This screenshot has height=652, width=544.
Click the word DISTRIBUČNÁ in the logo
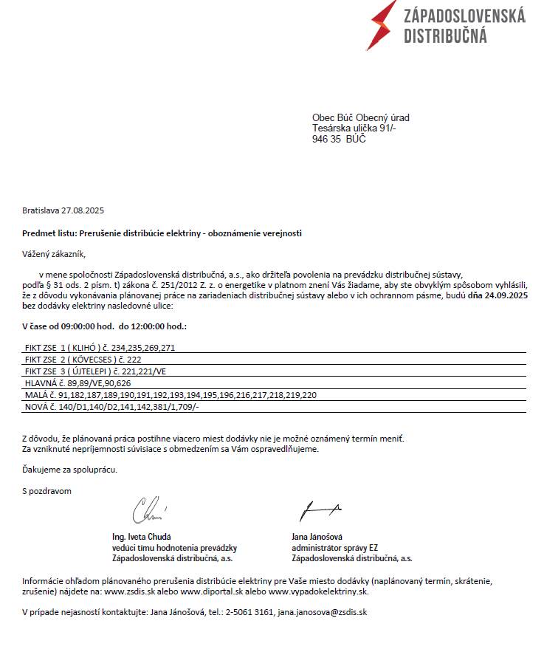click(445, 35)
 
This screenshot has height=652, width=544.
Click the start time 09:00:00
click(78, 326)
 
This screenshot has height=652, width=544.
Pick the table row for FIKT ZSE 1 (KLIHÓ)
click(100, 346)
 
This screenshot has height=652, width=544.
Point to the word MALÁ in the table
click(36, 396)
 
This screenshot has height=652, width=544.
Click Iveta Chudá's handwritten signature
click(148, 509)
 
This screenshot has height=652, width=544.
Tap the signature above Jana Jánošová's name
click(319, 509)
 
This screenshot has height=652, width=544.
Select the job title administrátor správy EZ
click(334, 548)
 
